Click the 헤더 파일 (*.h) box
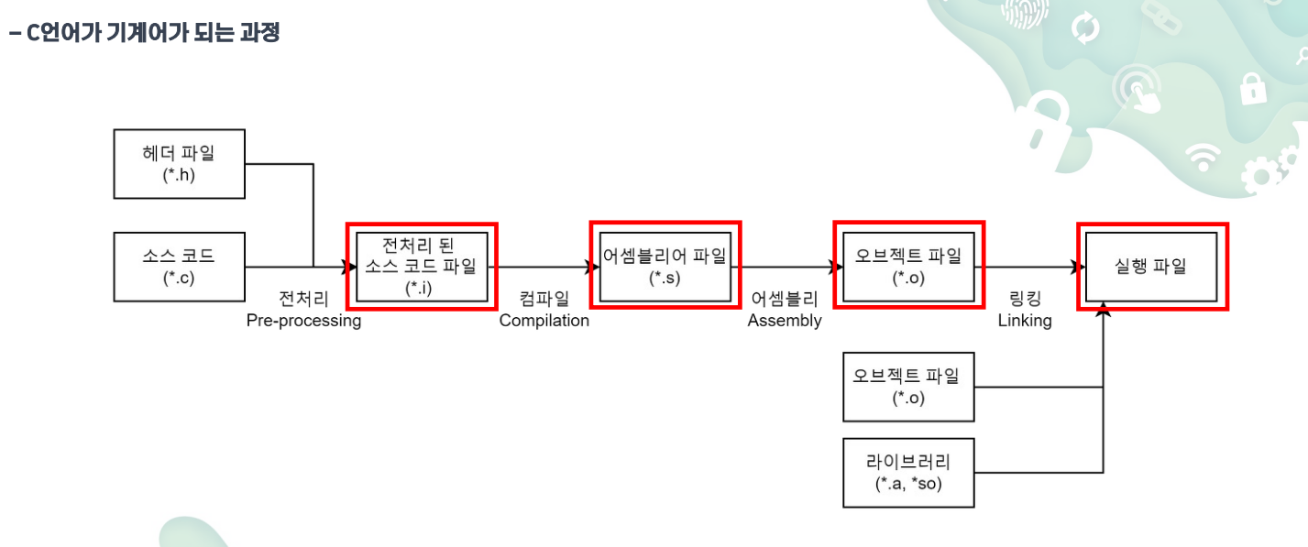179,164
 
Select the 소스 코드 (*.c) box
179,267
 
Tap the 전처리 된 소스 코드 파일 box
422,266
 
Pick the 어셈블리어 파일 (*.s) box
665,266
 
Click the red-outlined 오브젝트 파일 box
907,266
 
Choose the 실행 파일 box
1151,266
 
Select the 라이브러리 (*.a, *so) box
908,473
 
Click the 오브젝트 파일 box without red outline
908,387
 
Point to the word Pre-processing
303,321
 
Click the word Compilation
544,321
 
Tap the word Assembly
785,321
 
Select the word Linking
1025,321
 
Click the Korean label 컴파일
544,299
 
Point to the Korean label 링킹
1025,299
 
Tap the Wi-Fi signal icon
1202,158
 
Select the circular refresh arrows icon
1085,28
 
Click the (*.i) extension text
422,288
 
